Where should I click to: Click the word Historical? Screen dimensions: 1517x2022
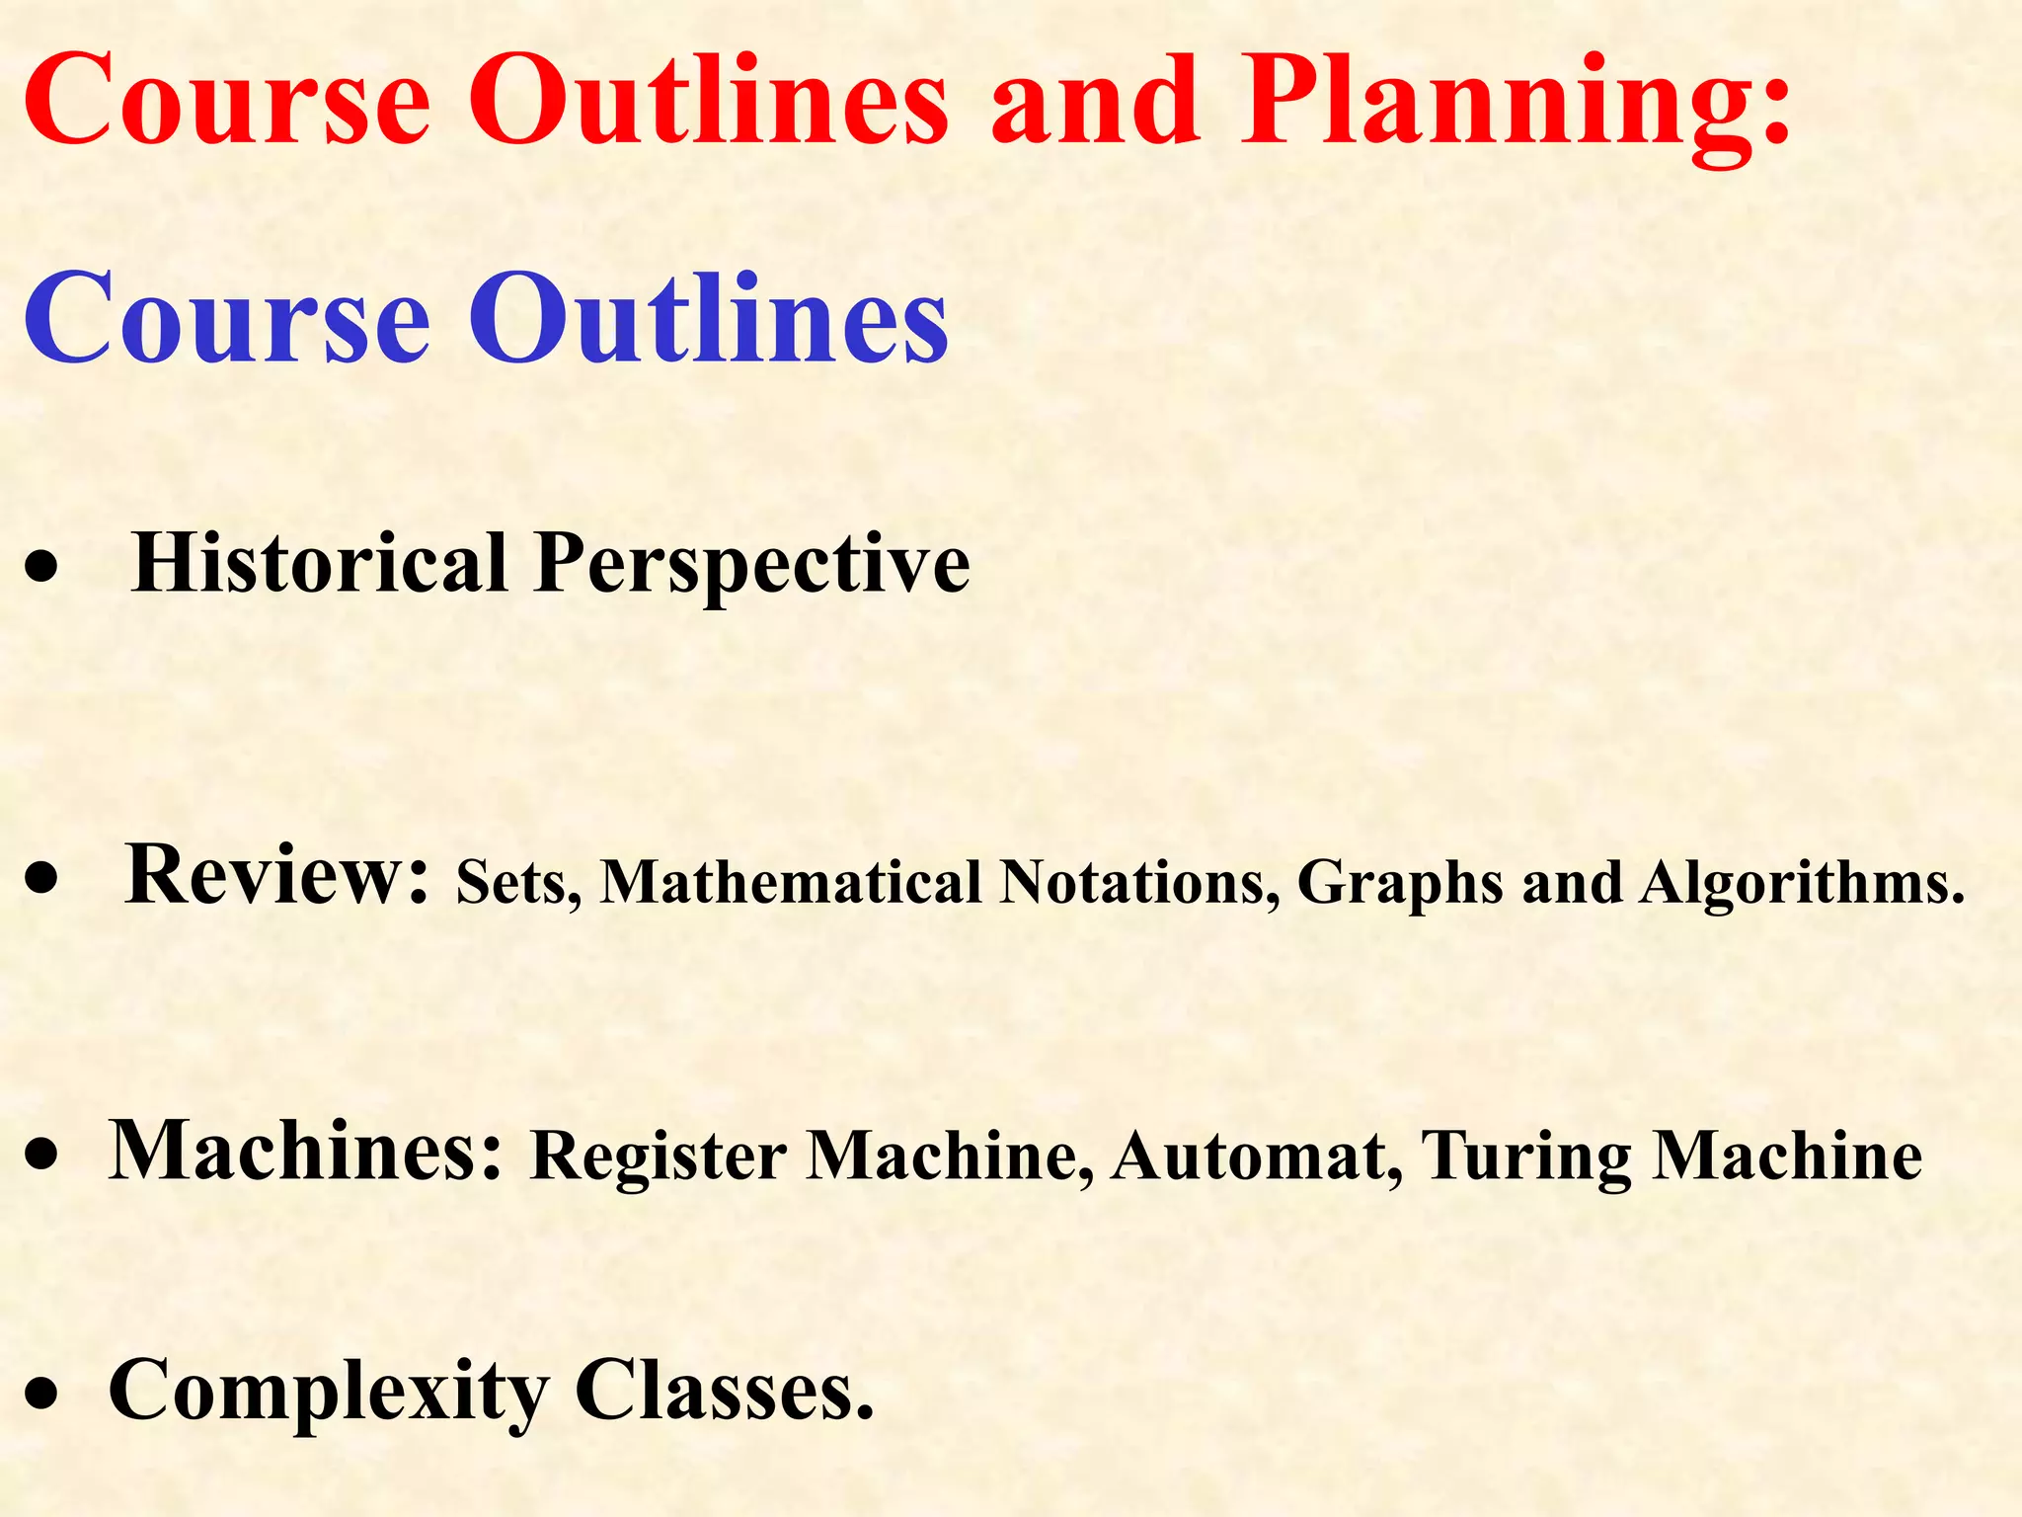click(x=319, y=563)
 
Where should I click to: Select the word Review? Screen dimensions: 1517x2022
click(x=276, y=875)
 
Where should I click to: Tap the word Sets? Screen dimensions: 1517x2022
click(x=517, y=882)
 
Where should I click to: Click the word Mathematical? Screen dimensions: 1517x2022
click(x=791, y=882)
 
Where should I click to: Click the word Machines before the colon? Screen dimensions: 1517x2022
click(x=305, y=1151)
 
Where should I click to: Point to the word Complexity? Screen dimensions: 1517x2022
click(x=328, y=1393)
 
